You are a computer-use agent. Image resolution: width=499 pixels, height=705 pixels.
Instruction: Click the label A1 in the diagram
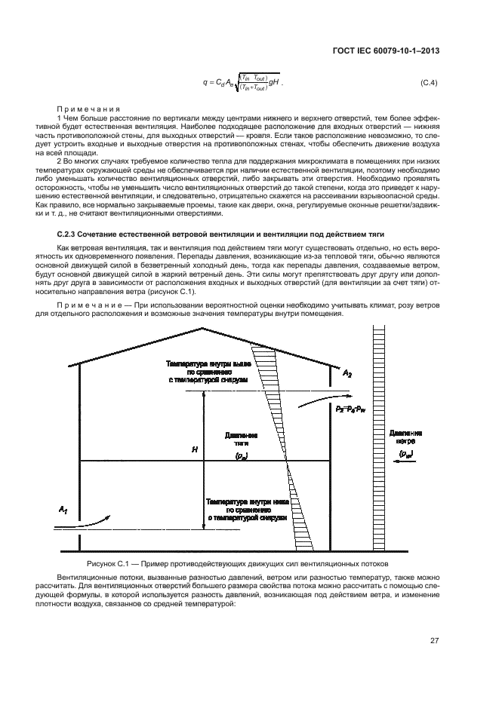point(63,511)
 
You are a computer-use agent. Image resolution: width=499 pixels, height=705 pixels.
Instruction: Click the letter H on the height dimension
point(195,449)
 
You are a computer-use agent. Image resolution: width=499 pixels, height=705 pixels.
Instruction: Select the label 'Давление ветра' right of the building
point(406,437)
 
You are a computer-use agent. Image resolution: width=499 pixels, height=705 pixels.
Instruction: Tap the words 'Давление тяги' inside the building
point(242,440)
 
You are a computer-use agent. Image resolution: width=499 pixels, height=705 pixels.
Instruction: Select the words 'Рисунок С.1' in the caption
point(109,563)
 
